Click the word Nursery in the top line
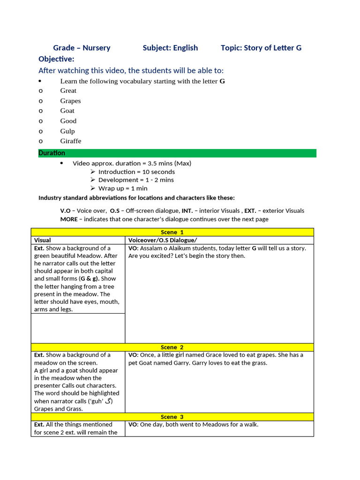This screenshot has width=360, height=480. [97, 48]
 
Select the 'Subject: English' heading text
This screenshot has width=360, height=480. [170, 48]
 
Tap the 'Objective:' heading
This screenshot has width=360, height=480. [56, 59]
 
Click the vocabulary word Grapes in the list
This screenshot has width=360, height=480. [70, 101]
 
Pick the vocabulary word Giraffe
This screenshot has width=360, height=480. [70, 141]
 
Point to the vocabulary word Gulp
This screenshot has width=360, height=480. [67, 131]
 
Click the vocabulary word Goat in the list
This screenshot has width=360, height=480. [67, 111]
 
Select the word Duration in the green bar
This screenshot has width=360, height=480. [52, 153]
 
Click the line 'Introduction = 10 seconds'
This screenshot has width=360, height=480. [136, 172]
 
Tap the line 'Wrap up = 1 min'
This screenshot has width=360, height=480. [123, 188]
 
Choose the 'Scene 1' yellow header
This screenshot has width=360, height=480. [172, 232]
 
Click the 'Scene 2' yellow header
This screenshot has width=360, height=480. [172, 347]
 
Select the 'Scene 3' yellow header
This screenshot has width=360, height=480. [172, 417]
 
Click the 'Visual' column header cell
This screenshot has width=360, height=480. [43, 240]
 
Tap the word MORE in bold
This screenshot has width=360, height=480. [69, 219]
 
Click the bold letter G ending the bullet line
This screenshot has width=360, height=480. [222, 81]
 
